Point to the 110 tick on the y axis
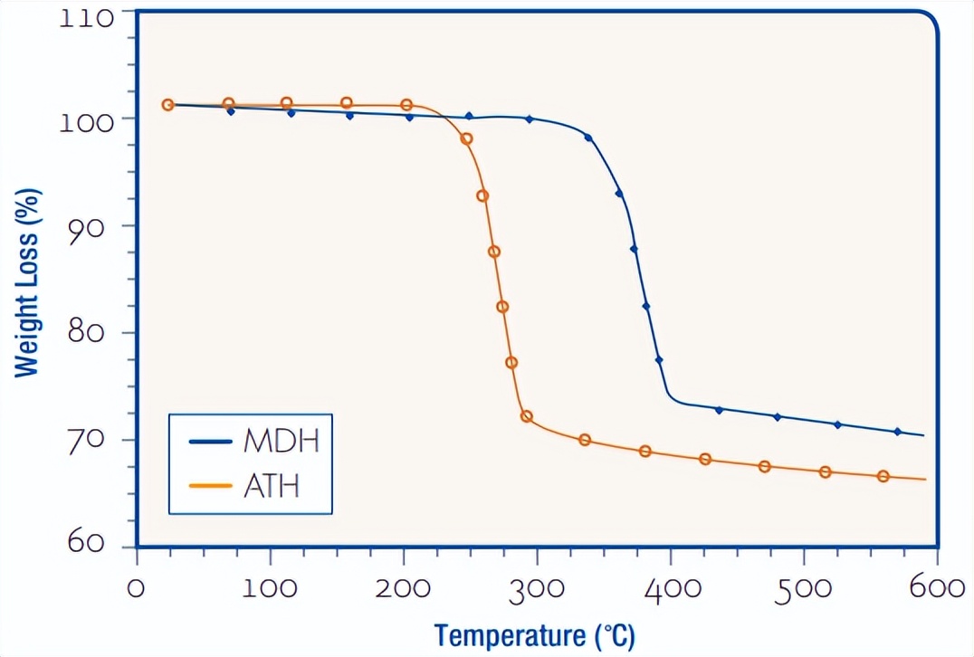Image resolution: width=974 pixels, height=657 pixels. click(87, 18)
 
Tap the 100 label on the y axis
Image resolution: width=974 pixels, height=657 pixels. click(87, 121)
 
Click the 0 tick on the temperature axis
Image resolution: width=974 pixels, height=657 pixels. click(137, 588)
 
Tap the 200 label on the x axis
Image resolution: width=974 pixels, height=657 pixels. click(403, 588)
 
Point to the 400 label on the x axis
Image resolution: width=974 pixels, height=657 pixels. click(670, 588)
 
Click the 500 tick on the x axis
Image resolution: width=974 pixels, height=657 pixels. click(804, 588)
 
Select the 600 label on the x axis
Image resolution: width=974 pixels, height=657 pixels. click(938, 588)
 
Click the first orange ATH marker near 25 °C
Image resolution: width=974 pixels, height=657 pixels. click(167, 105)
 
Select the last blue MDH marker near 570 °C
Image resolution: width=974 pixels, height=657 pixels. click(898, 432)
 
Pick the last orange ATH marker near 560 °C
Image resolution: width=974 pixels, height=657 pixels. click(883, 476)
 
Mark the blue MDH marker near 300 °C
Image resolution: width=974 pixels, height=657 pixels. click(530, 119)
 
